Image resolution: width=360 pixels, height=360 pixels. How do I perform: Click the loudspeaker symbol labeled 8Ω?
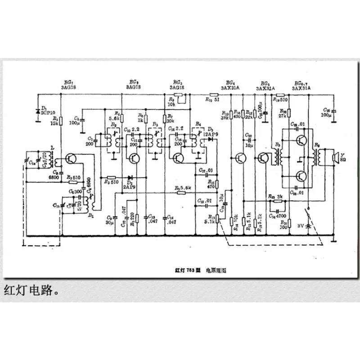334,158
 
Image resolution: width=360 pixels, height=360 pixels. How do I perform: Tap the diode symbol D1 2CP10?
38,110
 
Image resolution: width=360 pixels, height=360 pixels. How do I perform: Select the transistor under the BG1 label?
71,159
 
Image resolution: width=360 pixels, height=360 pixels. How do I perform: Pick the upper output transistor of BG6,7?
302,140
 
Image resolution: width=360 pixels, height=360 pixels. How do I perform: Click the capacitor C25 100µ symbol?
333,110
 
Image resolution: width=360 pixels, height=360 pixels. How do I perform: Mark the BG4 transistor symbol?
241,158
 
